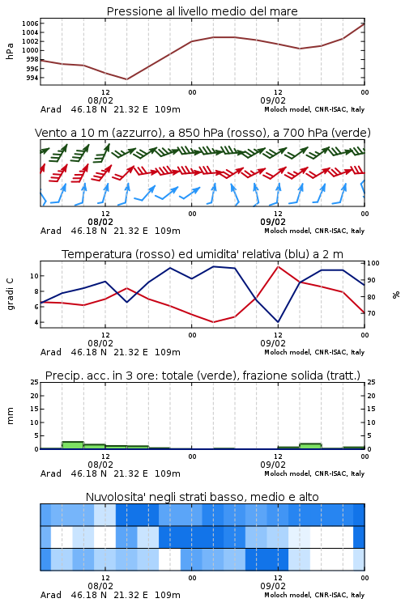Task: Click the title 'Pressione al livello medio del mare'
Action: pyautogui.click(x=202, y=11)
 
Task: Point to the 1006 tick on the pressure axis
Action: pyautogui.click(x=30, y=23)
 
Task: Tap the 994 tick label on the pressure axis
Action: pyautogui.click(x=32, y=78)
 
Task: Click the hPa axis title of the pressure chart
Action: pyautogui.click(x=10, y=51)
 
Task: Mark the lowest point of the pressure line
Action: pyautogui.click(x=126, y=79)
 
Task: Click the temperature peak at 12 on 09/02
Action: pyautogui.click(x=278, y=267)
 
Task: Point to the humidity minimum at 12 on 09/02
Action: pyautogui.click(x=278, y=321)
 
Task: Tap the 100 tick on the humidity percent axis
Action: pyautogui.click(x=373, y=263)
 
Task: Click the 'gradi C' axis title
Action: pyautogui.click(x=10, y=294)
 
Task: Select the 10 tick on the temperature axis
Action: pyautogui.click(x=34, y=276)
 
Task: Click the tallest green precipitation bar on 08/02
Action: pyautogui.click(x=73, y=445)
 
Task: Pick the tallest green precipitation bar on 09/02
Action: pyautogui.click(x=310, y=446)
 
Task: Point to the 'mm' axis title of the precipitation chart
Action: pyautogui.click(x=10, y=416)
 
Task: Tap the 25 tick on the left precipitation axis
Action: pyautogui.click(x=35, y=382)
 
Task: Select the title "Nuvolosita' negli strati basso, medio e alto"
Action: pyautogui.click(x=202, y=497)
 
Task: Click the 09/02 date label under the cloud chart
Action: pyautogui.click(x=273, y=586)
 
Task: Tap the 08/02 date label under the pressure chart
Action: pyautogui.click(x=100, y=100)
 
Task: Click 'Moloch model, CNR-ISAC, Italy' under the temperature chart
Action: pyautogui.click(x=314, y=352)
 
